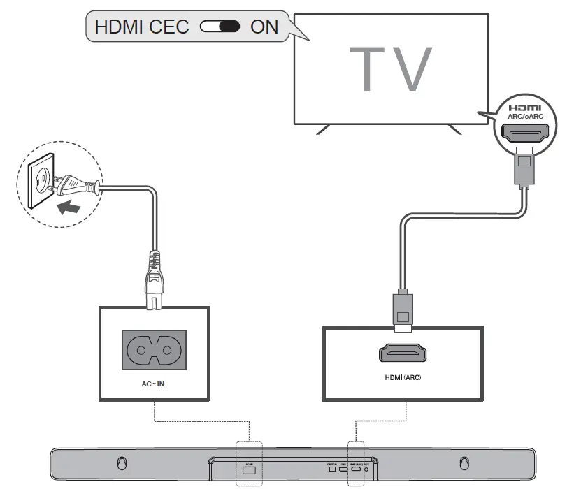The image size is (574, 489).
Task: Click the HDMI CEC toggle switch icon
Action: (x=220, y=27)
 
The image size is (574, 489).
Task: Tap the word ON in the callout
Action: (x=264, y=27)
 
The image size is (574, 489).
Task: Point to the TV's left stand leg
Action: (x=322, y=129)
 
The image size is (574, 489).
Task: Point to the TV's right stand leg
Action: (x=454, y=129)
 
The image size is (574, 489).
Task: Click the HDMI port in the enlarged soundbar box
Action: (x=403, y=353)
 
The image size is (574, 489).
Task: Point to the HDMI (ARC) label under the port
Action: (x=403, y=378)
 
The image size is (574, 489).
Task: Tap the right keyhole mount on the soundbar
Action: (x=462, y=462)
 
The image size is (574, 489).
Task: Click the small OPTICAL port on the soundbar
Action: (x=332, y=469)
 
